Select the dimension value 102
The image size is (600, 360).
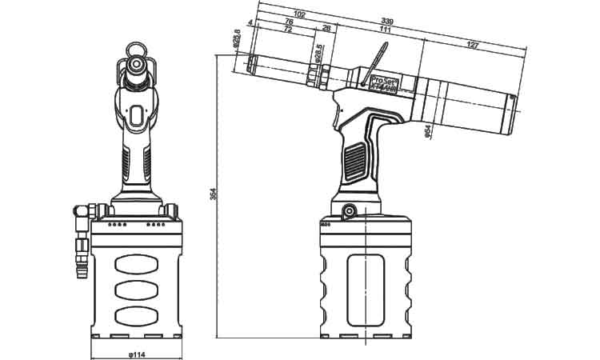(x=299, y=14)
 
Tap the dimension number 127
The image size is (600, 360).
(x=472, y=45)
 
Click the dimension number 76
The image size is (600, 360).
(x=288, y=22)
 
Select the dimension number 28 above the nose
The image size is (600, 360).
(x=326, y=28)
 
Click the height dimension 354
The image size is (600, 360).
(x=213, y=194)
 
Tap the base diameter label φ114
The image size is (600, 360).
(x=137, y=354)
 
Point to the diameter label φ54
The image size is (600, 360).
(x=429, y=130)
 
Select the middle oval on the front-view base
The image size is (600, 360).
(x=137, y=289)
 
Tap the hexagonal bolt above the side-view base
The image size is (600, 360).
(x=349, y=211)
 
